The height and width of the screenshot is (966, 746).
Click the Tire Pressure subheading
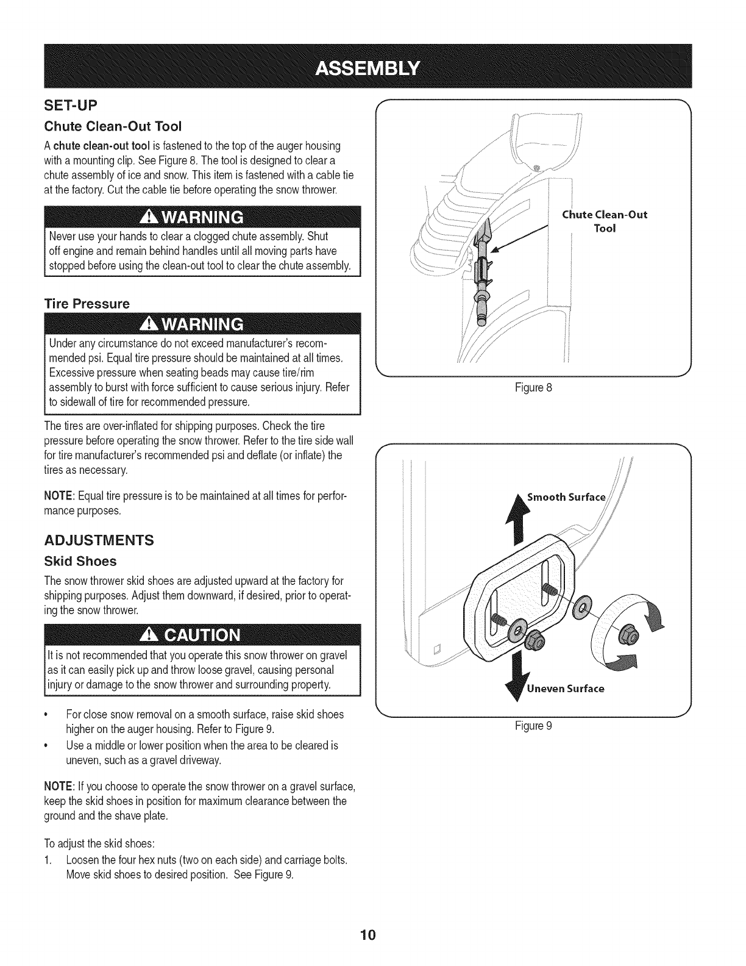[x=87, y=303]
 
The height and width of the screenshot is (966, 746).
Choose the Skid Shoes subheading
[x=80, y=560]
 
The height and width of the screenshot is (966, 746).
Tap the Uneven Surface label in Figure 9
[x=565, y=689]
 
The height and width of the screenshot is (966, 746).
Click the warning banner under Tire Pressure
[x=202, y=322]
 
